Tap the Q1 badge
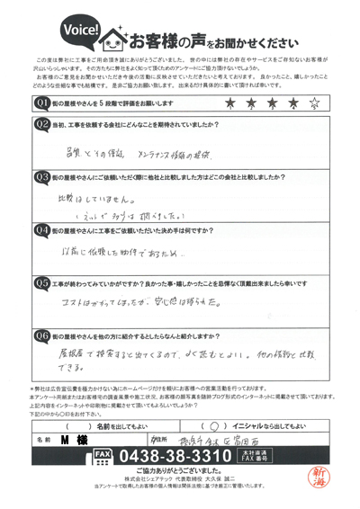point(42,105)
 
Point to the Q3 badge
point(42,179)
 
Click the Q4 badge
point(42,230)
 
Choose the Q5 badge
point(42,282)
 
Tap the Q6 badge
point(42,335)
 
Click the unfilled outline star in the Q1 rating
point(316,105)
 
